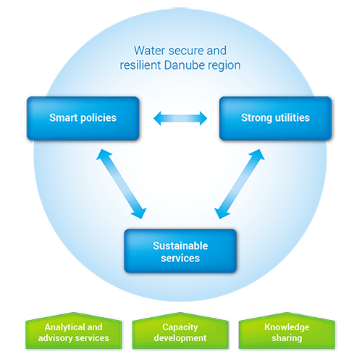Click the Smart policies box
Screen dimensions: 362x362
coord(83,118)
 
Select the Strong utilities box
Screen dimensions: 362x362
coord(276,118)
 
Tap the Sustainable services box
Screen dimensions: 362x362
coord(180,251)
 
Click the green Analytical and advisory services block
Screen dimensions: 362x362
coord(74,330)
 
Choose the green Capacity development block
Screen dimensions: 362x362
coord(180,330)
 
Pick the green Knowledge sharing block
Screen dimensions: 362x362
coord(287,330)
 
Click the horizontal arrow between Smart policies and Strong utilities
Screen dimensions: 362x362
coord(180,118)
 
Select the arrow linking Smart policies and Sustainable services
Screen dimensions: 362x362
coord(122,184)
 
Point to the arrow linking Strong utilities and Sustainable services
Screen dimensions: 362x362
coord(240,184)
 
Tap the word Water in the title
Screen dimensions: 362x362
coord(149,51)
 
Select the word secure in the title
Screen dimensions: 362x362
coord(182,51)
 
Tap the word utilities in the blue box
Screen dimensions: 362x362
coord(292,117)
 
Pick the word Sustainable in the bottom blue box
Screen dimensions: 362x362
coord(180,245)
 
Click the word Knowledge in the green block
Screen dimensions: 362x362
coord(287,327)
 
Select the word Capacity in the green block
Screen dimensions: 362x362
coord(180,327)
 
